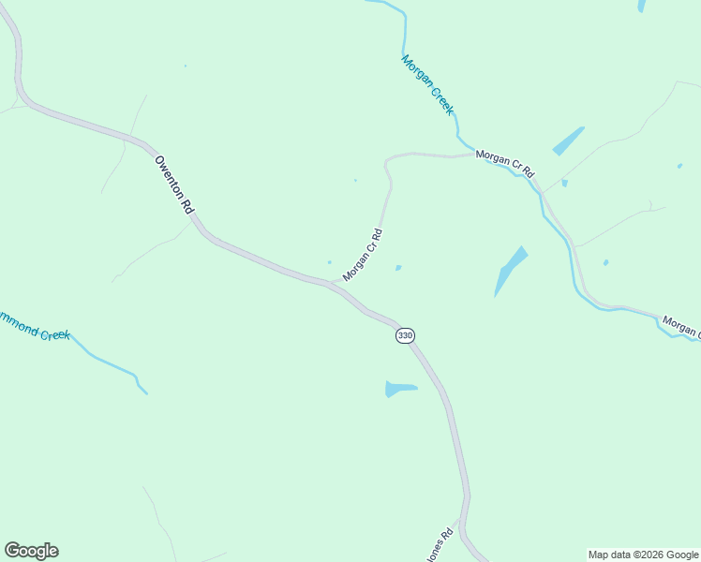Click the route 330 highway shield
pos(404,335)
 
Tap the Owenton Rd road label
pos(173,187)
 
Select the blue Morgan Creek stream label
pos(427,84)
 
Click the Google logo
pos(31,551)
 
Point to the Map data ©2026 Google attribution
pos(644,555)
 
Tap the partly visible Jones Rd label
pos(440,546)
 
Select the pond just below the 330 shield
pos(399,388)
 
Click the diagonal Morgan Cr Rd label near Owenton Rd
pos(363,255)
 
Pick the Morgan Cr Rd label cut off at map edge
pos(681,327)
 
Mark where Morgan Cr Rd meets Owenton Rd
pos(330,282)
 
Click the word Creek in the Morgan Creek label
pos(441,99)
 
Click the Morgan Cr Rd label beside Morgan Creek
pos(504,164)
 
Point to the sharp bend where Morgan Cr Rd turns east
pos(387,162)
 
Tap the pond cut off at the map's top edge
pos(642,5)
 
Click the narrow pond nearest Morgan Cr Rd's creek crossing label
pos(568,140)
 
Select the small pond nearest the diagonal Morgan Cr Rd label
pos(398,268)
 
